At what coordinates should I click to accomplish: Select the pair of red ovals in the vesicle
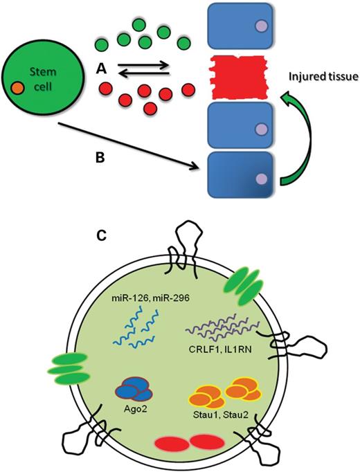182,442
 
